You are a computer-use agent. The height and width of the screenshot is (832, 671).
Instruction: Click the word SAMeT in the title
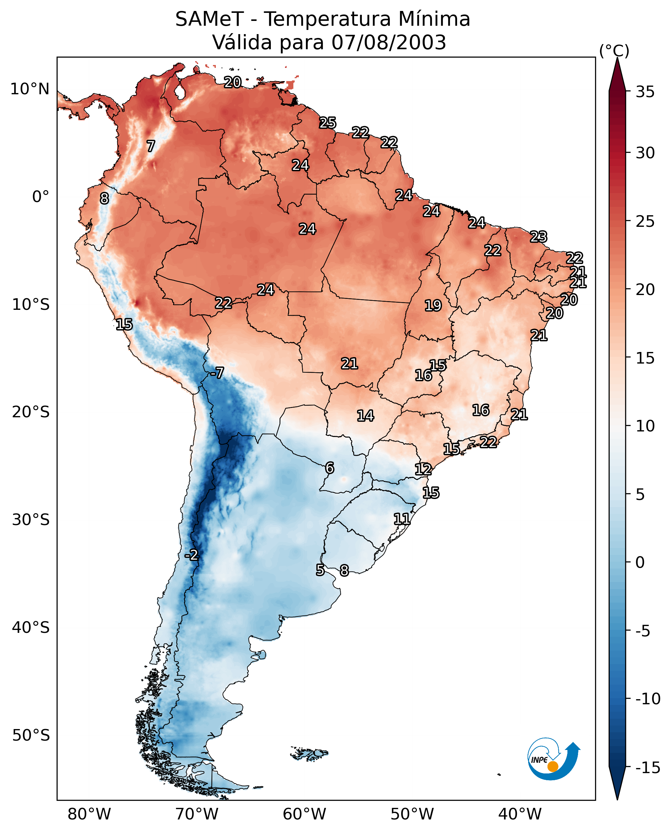click(209, 19)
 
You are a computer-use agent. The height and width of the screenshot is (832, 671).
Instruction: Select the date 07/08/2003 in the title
click(389, 42)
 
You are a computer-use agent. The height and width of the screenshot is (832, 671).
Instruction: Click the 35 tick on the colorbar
click(645, 92)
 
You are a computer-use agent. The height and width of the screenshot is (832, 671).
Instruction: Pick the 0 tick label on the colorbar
click(640, 562)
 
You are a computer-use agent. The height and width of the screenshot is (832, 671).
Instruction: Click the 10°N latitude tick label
click(30, 89)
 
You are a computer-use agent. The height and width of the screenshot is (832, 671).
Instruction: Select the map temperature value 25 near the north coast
click(328, 123)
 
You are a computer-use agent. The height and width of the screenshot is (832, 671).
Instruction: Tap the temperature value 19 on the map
click(433, 305)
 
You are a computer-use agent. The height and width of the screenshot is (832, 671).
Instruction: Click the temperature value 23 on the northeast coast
click(538, 236)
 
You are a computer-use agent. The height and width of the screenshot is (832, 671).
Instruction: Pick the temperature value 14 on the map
click(365, 416)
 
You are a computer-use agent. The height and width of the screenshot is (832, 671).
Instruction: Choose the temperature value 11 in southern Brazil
click(402, 519)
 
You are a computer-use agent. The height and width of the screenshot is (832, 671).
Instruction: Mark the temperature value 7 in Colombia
click(151, 146)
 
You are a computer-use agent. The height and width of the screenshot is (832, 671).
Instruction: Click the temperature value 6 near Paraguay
click(329, 468)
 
